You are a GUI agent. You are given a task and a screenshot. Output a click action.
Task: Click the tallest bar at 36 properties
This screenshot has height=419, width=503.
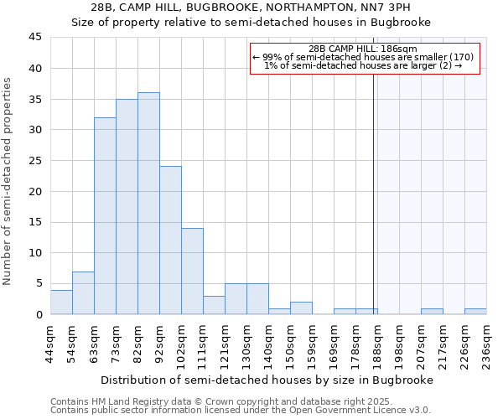point(148,204)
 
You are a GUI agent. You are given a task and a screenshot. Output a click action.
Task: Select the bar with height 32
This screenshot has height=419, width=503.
point(105,216)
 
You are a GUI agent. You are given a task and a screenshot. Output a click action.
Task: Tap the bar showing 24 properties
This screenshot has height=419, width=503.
point(170,241)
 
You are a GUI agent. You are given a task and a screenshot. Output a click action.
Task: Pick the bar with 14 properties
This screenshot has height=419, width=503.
point(192,272)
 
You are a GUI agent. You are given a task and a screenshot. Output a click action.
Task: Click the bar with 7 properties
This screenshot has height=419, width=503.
point(83,293)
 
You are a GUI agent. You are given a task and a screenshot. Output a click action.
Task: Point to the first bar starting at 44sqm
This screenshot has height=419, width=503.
point(61,303)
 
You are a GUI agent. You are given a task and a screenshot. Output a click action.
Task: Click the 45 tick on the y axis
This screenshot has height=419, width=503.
point(35,38)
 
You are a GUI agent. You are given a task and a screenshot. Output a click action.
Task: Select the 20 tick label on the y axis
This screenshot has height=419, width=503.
point(35,192)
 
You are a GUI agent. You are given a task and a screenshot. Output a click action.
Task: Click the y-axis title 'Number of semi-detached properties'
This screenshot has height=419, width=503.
point(8,181)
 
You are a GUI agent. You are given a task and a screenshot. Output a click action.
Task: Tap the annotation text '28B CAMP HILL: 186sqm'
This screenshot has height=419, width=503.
point(363,49)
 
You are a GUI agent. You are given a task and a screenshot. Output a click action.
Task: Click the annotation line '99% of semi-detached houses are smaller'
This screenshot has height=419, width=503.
point(363,57)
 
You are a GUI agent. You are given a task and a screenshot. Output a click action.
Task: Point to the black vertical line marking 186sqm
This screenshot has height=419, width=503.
point(373,193)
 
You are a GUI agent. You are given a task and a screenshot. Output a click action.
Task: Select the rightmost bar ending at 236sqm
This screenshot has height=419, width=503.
point(475,312)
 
